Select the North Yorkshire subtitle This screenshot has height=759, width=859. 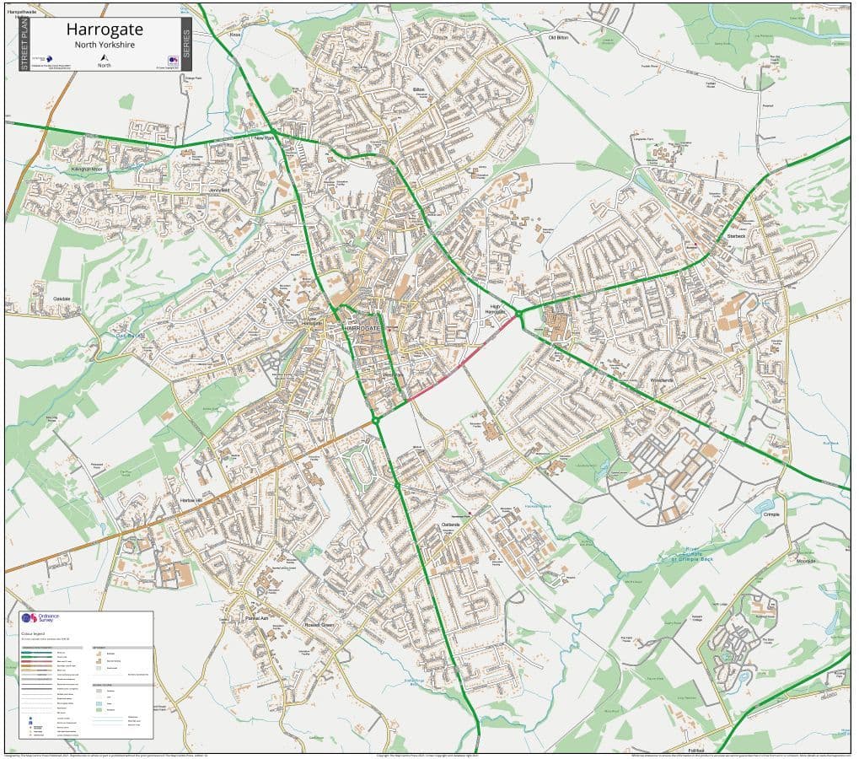tap(105, 45)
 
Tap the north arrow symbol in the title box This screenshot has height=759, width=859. tap(105, 57)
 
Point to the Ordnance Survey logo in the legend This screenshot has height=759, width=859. tap(35, 618)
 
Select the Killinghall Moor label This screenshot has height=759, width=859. tap(86, 170)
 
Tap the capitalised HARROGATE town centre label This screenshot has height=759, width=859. tap(362, 326)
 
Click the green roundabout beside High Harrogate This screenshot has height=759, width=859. tap(519, 314)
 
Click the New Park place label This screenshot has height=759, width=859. tap(266, 137)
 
